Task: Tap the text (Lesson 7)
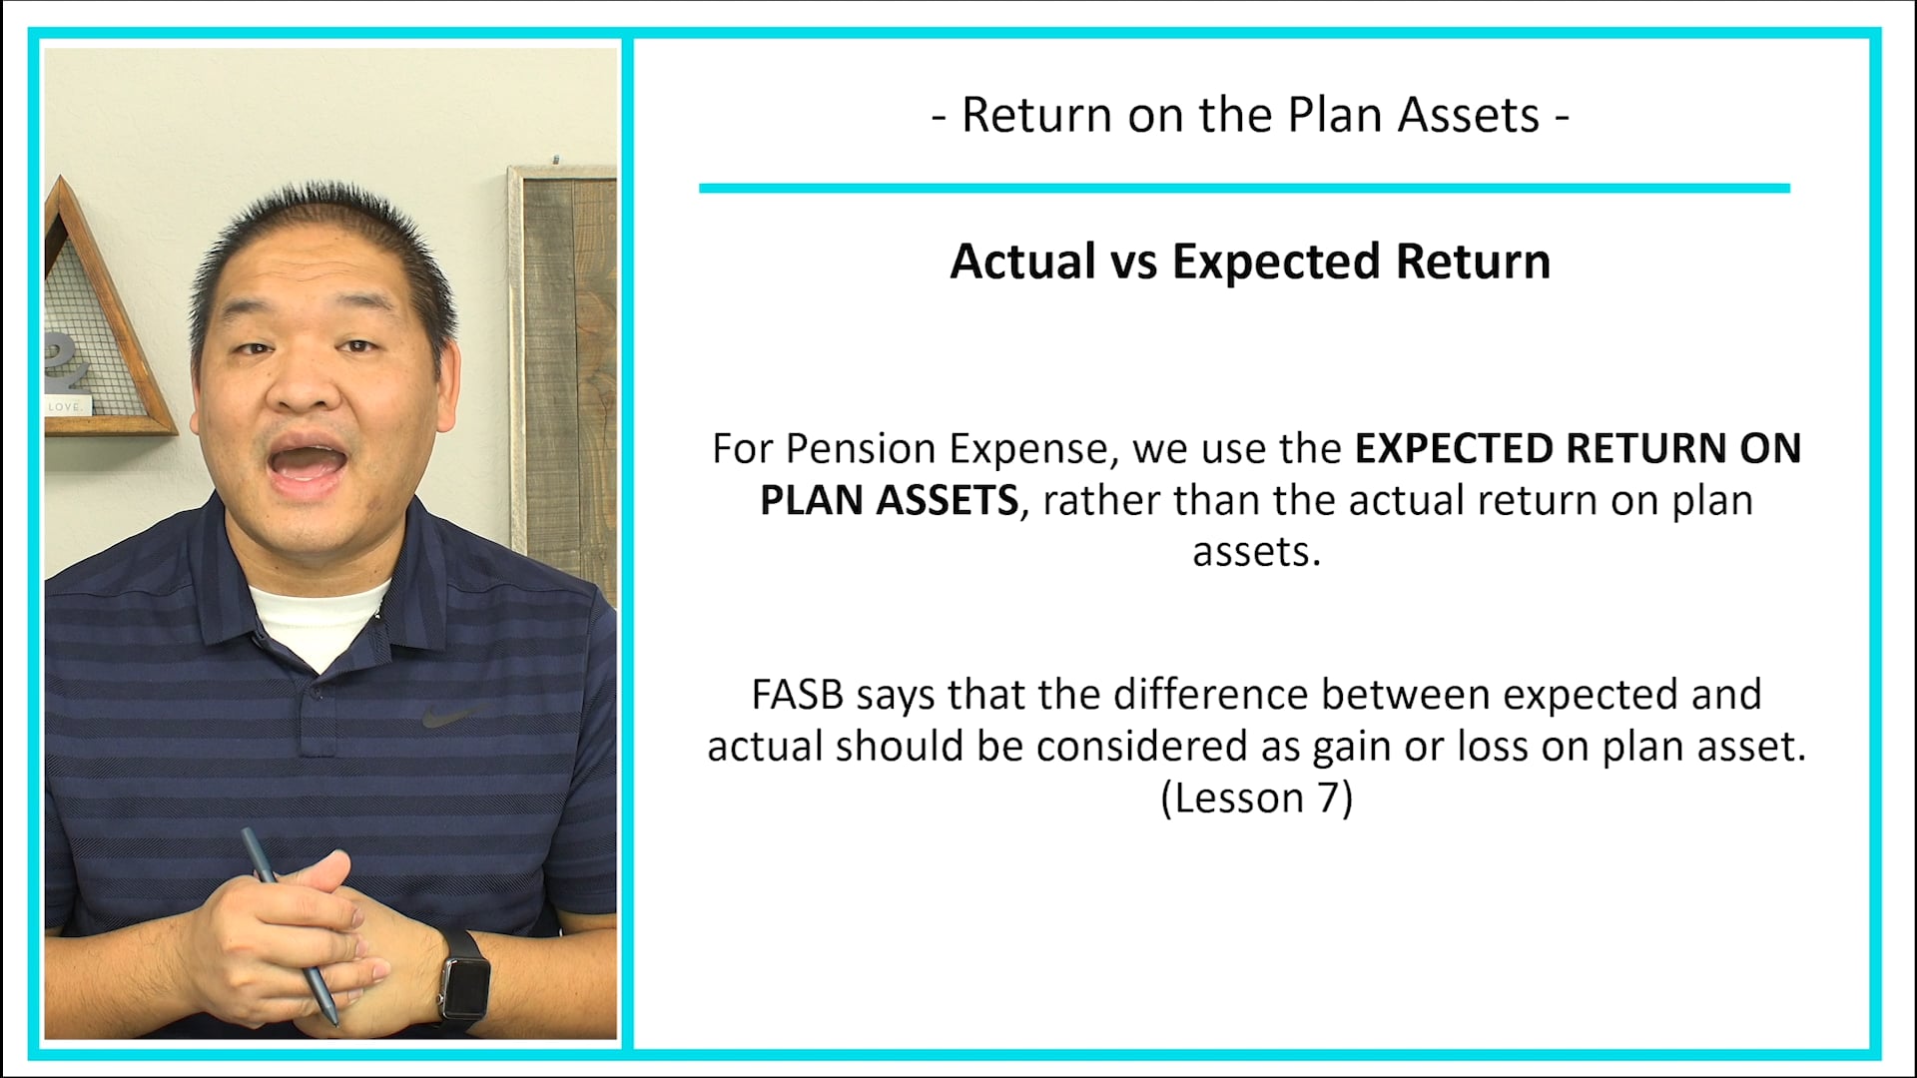coord(1256,799)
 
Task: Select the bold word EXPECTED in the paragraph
coord(1453,449)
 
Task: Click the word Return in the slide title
coord(1036,116)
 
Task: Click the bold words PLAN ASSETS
coord(889,500)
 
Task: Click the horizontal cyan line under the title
coord(1243,188)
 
